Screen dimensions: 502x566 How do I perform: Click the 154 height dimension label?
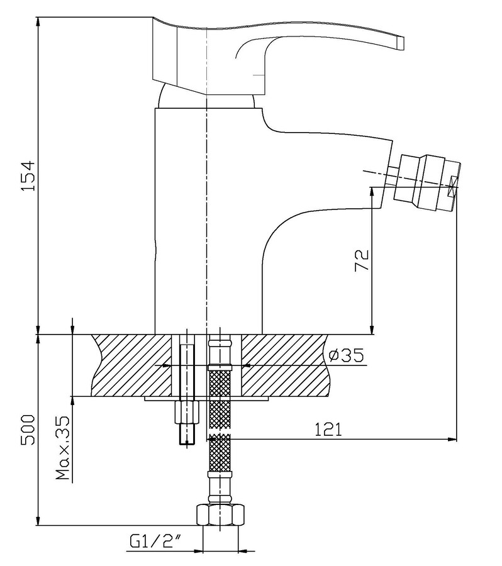coord(28,176)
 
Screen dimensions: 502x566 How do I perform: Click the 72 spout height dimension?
coord(362,260)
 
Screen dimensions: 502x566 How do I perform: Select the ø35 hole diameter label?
coord(347,355)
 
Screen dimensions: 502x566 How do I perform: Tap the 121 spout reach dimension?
coord(328,430)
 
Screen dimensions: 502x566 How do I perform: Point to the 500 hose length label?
coord(28,430)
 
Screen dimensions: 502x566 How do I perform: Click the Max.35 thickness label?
coord(62,448)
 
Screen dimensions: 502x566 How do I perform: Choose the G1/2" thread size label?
coord(155,541)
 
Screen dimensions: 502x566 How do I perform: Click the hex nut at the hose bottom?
coord(220,514)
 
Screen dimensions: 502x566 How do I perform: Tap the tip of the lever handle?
coord(401,43)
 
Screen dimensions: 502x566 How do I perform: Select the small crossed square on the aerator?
coord(452,187)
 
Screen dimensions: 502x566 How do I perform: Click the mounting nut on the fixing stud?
coord(186,413)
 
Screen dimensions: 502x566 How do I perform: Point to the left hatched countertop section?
coord(132,365)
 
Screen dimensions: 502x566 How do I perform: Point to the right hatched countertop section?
coord(286,365)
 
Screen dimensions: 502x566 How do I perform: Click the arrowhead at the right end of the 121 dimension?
coord(452,440)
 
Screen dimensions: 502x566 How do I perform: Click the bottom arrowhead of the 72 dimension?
coord(372,329)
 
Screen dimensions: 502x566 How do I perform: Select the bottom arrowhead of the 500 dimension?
coord(38,521)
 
